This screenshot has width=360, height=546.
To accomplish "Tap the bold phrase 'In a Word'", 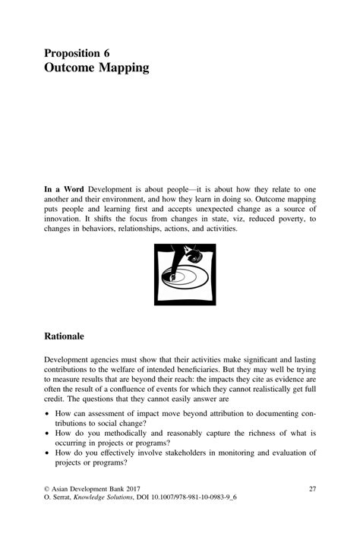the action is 64,188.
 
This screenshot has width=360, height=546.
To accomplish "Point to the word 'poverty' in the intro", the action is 279,218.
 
